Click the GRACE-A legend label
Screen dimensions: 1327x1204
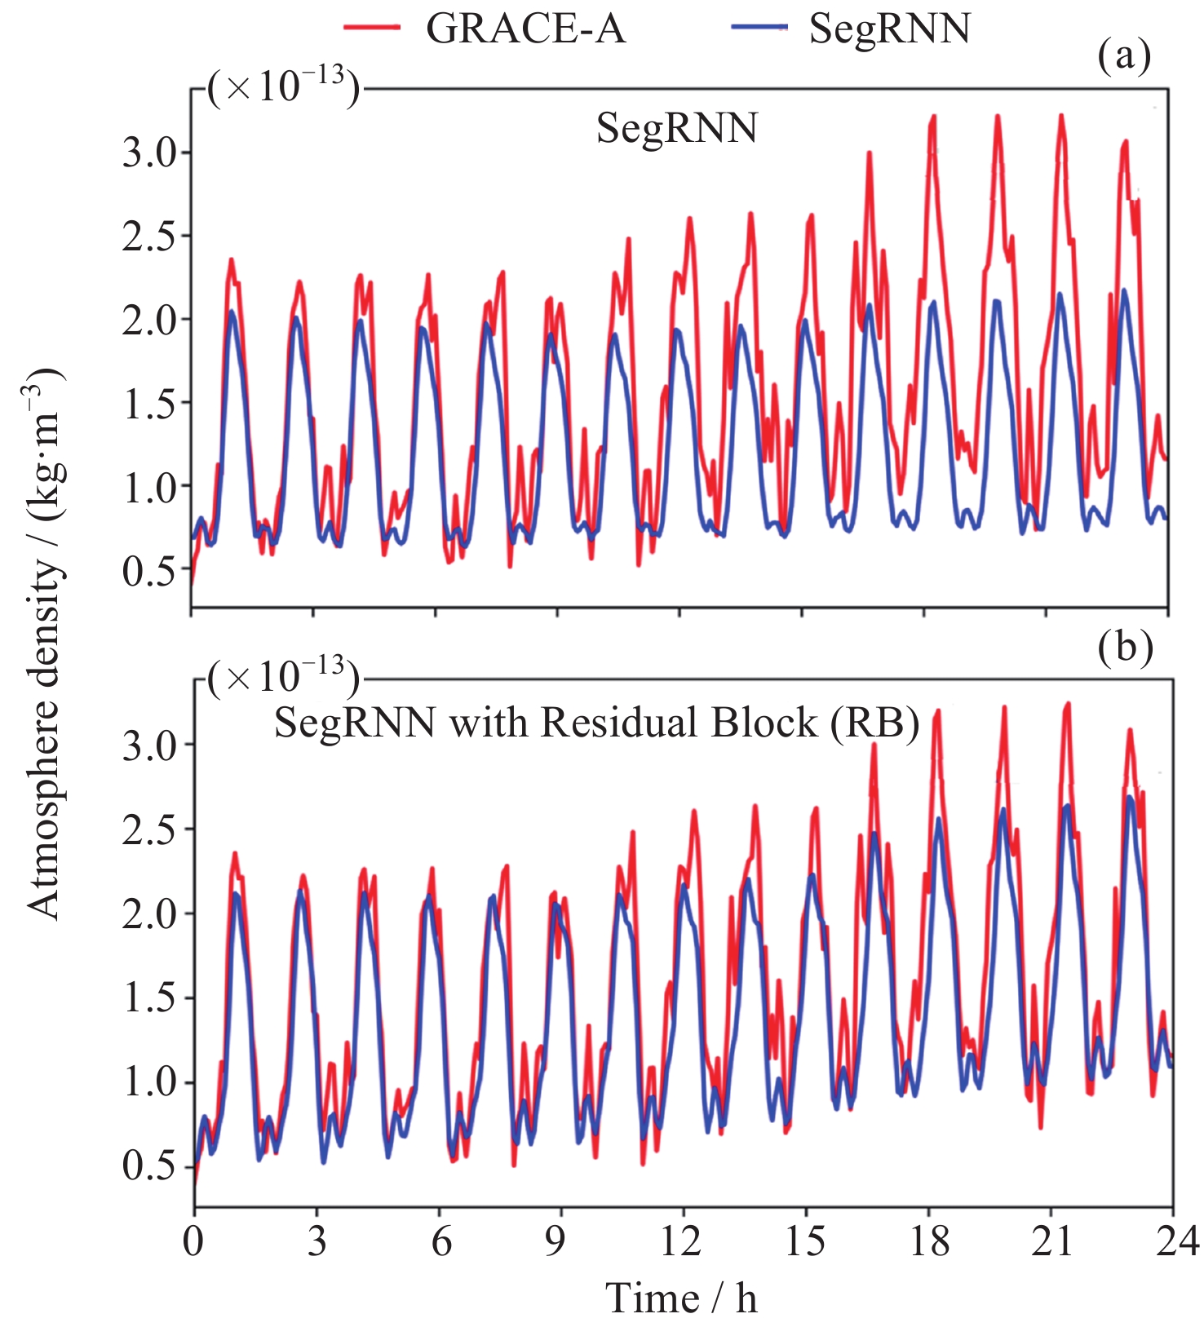coord(525,29)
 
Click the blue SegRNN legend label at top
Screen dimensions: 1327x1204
coord(889,29)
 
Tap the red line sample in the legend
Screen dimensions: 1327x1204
coord(372,28)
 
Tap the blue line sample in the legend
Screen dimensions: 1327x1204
coord(759,28)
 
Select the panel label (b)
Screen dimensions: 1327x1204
coord(1125,648)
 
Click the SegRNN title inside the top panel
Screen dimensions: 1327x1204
coord(677,129)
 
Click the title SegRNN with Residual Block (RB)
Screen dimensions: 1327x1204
coord(596,723)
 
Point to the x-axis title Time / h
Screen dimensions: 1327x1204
coord(682,1298)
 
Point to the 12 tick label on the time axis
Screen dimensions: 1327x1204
coord(680,1241)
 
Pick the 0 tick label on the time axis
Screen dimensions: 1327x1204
coord(193,1241)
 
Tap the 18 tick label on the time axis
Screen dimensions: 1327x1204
coord(929,1241)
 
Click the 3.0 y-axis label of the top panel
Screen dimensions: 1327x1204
coord(149,153)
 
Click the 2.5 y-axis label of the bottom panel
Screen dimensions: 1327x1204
coord(149,829)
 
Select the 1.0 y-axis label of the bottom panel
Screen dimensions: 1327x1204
coord(149,1083)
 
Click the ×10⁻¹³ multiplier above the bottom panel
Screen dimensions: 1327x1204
coord(283,676)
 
